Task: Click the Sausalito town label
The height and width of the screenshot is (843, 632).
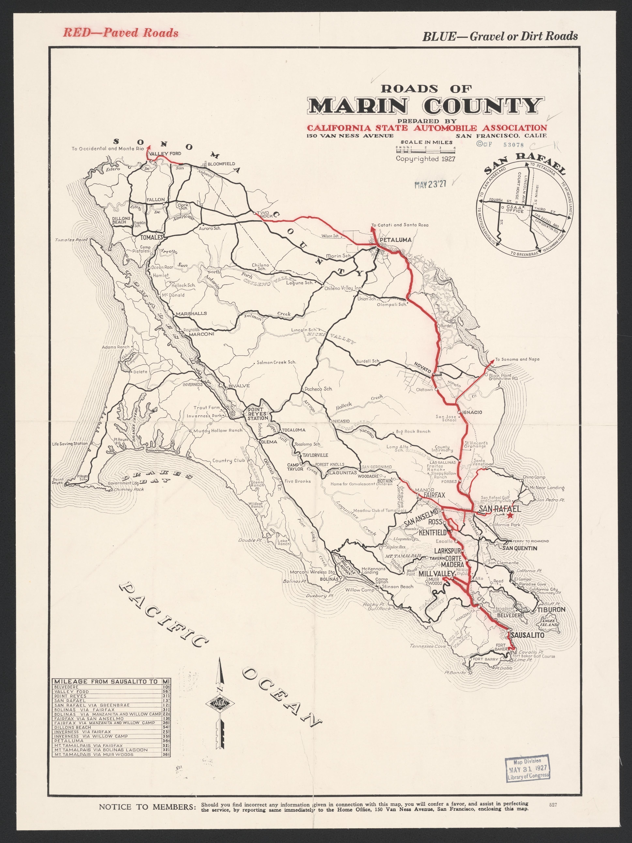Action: point(527,635)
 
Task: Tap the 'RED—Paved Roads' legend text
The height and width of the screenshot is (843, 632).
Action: point(120,33)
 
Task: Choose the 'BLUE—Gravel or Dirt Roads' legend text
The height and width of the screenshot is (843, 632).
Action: point(500,36)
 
